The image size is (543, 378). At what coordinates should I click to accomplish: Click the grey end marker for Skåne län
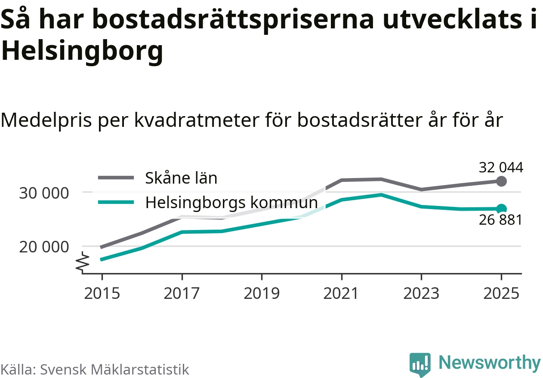point(501,181)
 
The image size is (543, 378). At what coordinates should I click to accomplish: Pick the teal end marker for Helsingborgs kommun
point(501,209)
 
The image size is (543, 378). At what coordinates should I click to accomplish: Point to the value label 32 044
point(501,167)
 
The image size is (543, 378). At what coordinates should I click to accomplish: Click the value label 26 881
point(500,220)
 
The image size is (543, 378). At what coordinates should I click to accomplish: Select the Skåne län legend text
point(181,178)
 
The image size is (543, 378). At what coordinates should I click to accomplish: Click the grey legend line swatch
point(116,177)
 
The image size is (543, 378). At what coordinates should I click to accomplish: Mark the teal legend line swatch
point(116,202)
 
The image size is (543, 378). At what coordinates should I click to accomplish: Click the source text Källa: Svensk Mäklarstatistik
point(95,369)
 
